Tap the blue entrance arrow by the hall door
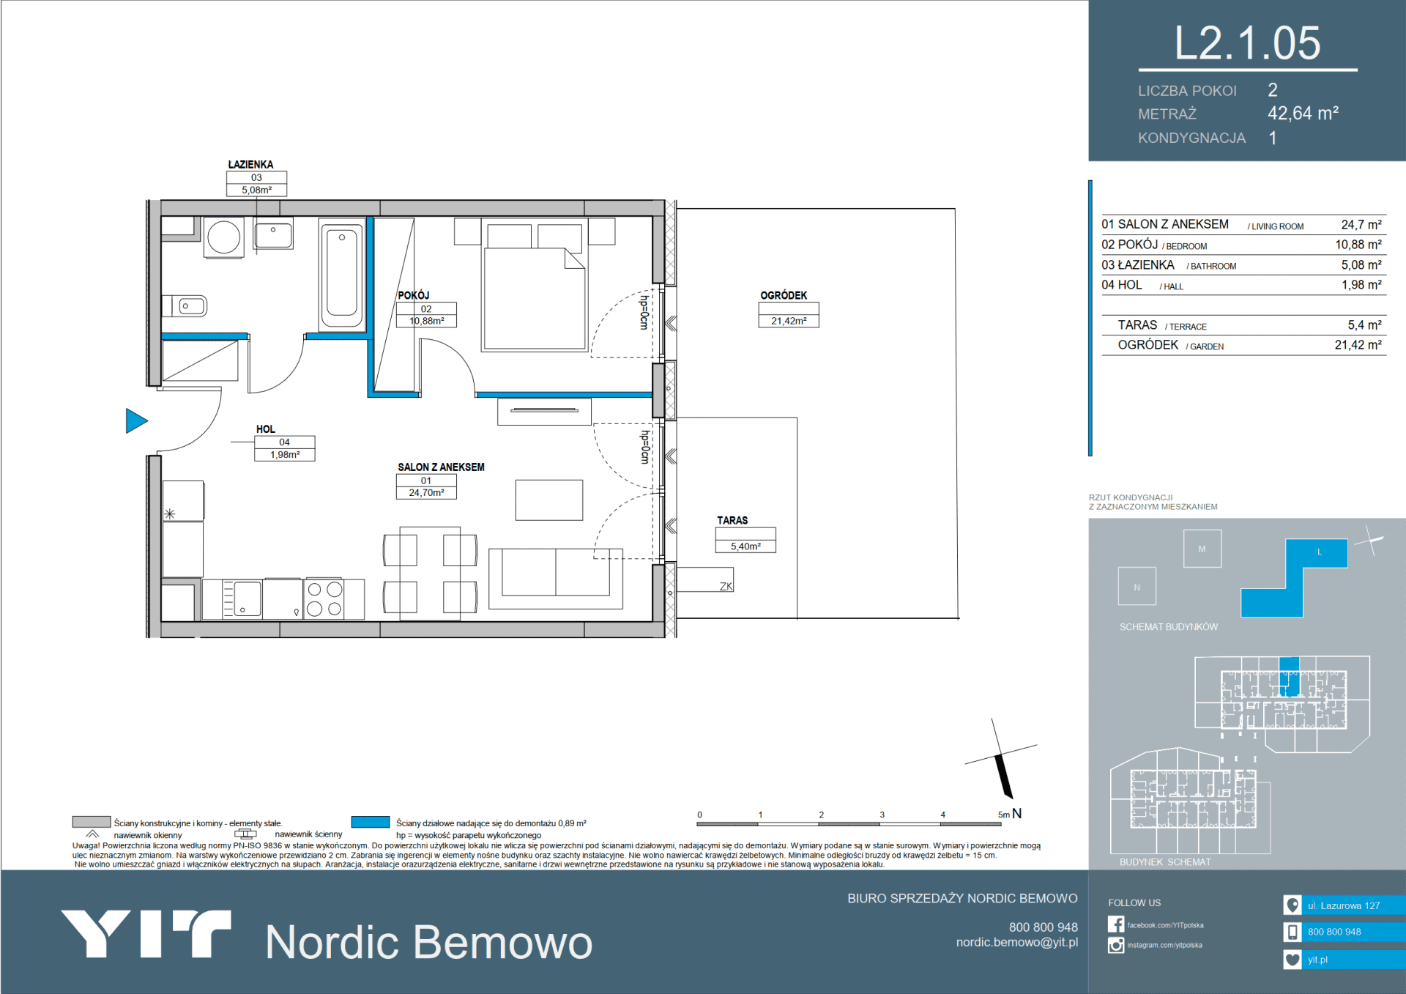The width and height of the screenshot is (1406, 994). coord(136,421)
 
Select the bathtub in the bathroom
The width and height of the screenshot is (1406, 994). coord(341,275)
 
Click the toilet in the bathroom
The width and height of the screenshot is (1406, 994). coord(188,306)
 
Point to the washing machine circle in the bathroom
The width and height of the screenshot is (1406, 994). coord(223,237)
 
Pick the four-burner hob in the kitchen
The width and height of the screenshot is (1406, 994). coord(324,599)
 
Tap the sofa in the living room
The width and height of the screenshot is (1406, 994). coord(556,579)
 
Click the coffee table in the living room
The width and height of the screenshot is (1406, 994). coord(549,500)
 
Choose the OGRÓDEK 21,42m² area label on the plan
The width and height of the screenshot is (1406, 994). coord(788,308)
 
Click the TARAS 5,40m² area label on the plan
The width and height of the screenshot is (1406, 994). coord(745,533)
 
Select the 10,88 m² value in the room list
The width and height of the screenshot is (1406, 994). coord(1358,245)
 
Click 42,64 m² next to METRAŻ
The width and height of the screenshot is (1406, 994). coord(1303,114)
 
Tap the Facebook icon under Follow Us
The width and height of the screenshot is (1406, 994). coord(1115,924)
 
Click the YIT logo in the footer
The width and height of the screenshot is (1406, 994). coord(146,933)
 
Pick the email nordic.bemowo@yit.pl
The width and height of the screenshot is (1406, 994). coord(1016,943)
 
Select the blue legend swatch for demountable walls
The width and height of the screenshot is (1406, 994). coord(370,822)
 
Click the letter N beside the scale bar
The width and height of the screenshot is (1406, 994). coord(1016,813)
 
